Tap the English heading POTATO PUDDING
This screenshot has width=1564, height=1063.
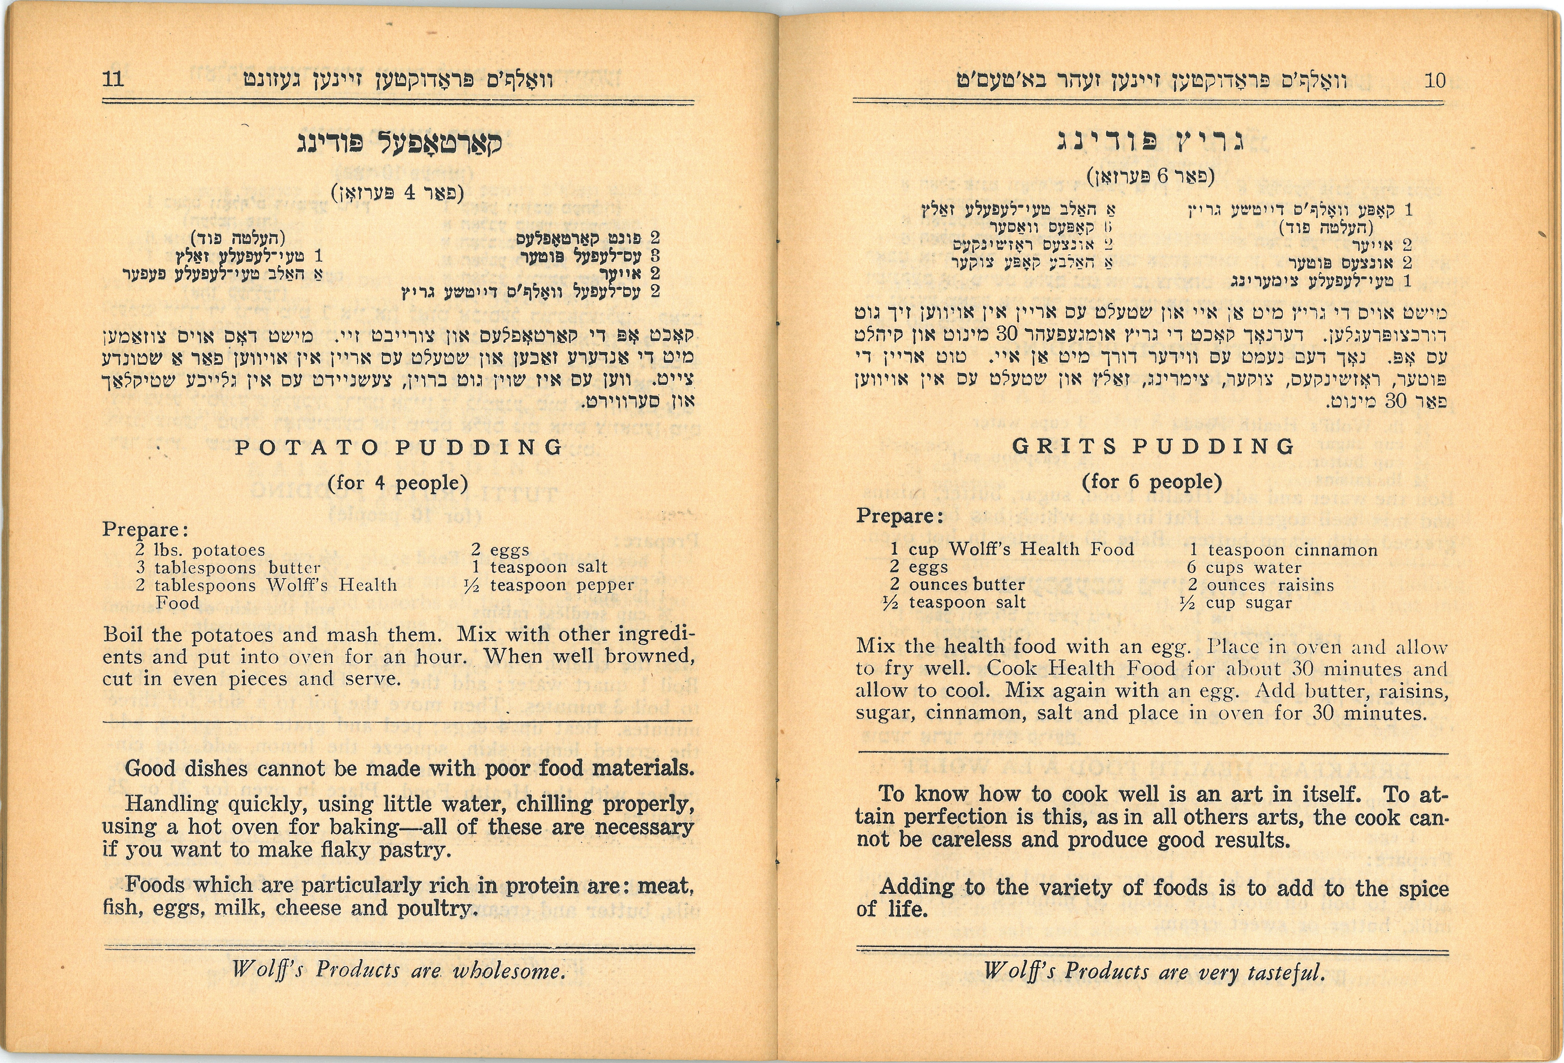pyautogui.click(x=398, y=447)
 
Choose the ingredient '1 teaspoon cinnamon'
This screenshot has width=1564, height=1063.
pyautogui.click(x=1283, y=550)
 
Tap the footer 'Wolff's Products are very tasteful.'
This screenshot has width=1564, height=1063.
pyautogui.click(x=1154, y=971)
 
